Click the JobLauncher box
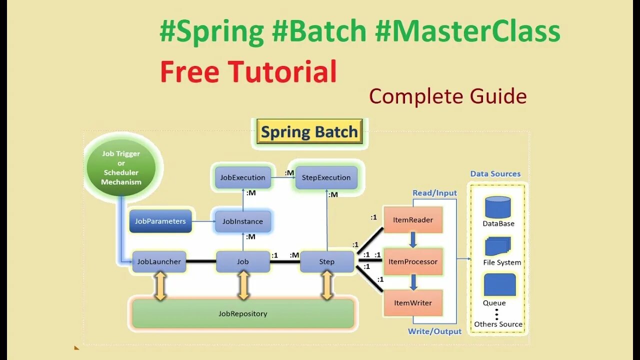[159, 261]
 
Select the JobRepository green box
[243, 313]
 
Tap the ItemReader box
[413, 219]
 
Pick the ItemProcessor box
[413, 261]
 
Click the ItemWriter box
[413, 302]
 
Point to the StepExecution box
[326, 177]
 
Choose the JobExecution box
[242, 177]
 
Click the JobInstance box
[242, 221]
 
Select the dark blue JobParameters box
[160, 221]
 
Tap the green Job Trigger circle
[121, 167]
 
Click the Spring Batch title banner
[309, 132]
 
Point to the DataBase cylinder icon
[498, 206]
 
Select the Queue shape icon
[499, 284]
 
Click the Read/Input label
[434, 193]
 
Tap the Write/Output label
[434, 331]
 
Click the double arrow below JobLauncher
[160, 286]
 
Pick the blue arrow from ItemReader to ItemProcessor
[413, 240]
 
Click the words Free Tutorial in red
[248, 71]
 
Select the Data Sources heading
[495, 174]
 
